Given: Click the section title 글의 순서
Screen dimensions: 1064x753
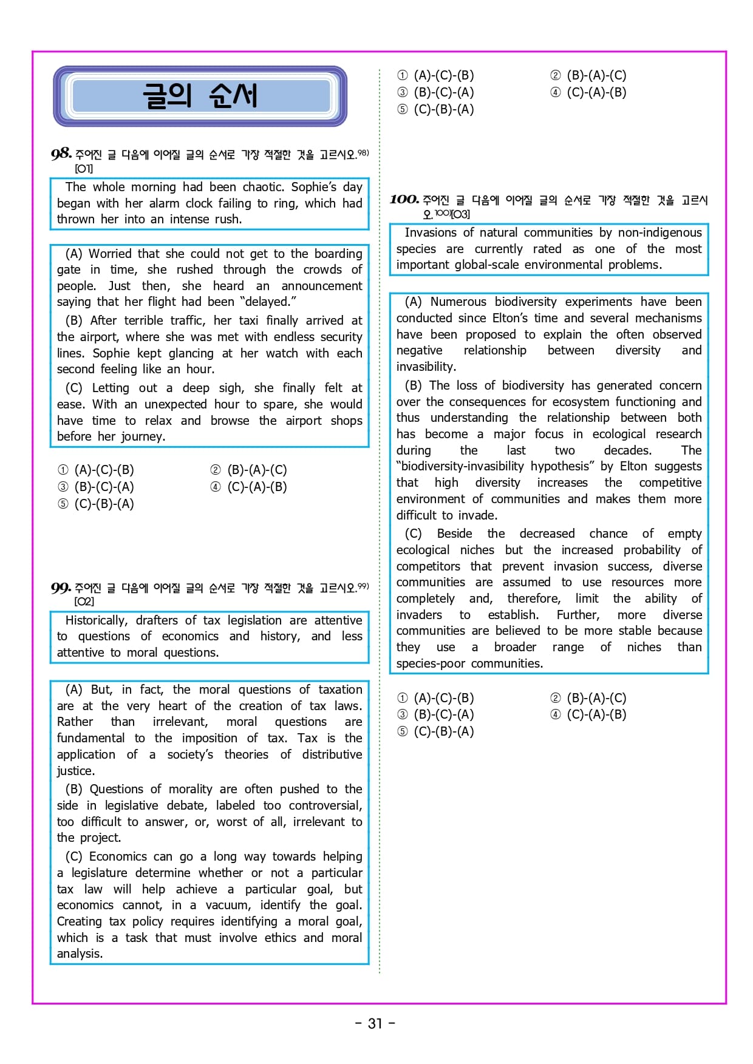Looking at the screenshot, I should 200,96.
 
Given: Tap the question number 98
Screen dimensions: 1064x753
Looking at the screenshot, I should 61,154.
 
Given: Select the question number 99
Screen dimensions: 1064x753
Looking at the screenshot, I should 61,588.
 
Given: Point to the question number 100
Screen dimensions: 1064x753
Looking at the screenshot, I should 404,199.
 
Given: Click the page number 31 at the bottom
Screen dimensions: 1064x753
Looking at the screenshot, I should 375,1023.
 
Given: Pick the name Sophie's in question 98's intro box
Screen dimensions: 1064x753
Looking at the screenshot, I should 313,187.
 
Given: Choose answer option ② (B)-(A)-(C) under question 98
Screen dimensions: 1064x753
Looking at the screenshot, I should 249,470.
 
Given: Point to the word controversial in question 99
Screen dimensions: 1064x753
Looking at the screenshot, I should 325,805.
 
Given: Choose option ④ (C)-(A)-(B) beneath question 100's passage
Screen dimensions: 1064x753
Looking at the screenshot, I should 588,714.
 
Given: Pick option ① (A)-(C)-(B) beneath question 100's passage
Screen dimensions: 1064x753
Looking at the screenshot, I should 435,698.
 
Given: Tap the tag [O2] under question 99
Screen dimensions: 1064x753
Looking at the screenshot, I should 84,601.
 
